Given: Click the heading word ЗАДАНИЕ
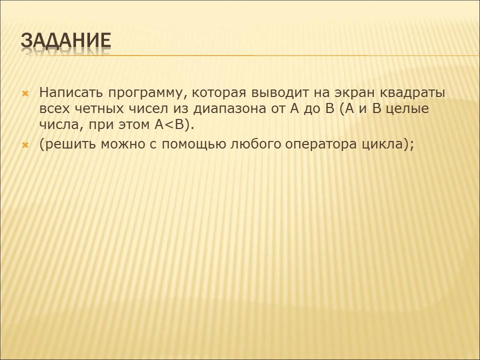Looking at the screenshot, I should coord(65,40).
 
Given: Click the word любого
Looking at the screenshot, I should coord(262,144).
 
